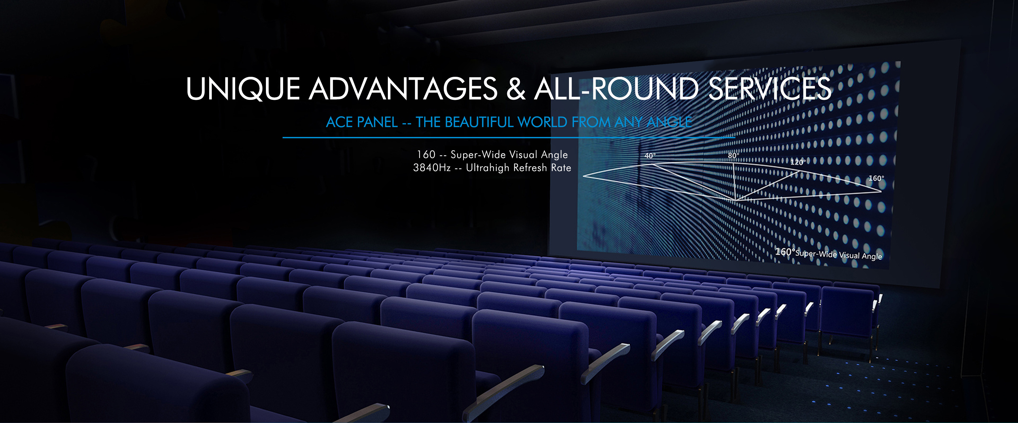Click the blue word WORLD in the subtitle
(x=542, y=122)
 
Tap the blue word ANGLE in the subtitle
(x=669, y=122)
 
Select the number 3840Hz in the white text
(x=432, y=168)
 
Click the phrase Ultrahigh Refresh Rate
(x=519, y=168)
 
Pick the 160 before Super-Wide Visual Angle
(x=426, y=154)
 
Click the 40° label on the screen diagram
(x=650, y=156)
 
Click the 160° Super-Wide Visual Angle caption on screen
(x=828, y=254)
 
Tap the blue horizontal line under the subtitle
(x=509, y=137)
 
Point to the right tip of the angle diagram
(x=881, y=192)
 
